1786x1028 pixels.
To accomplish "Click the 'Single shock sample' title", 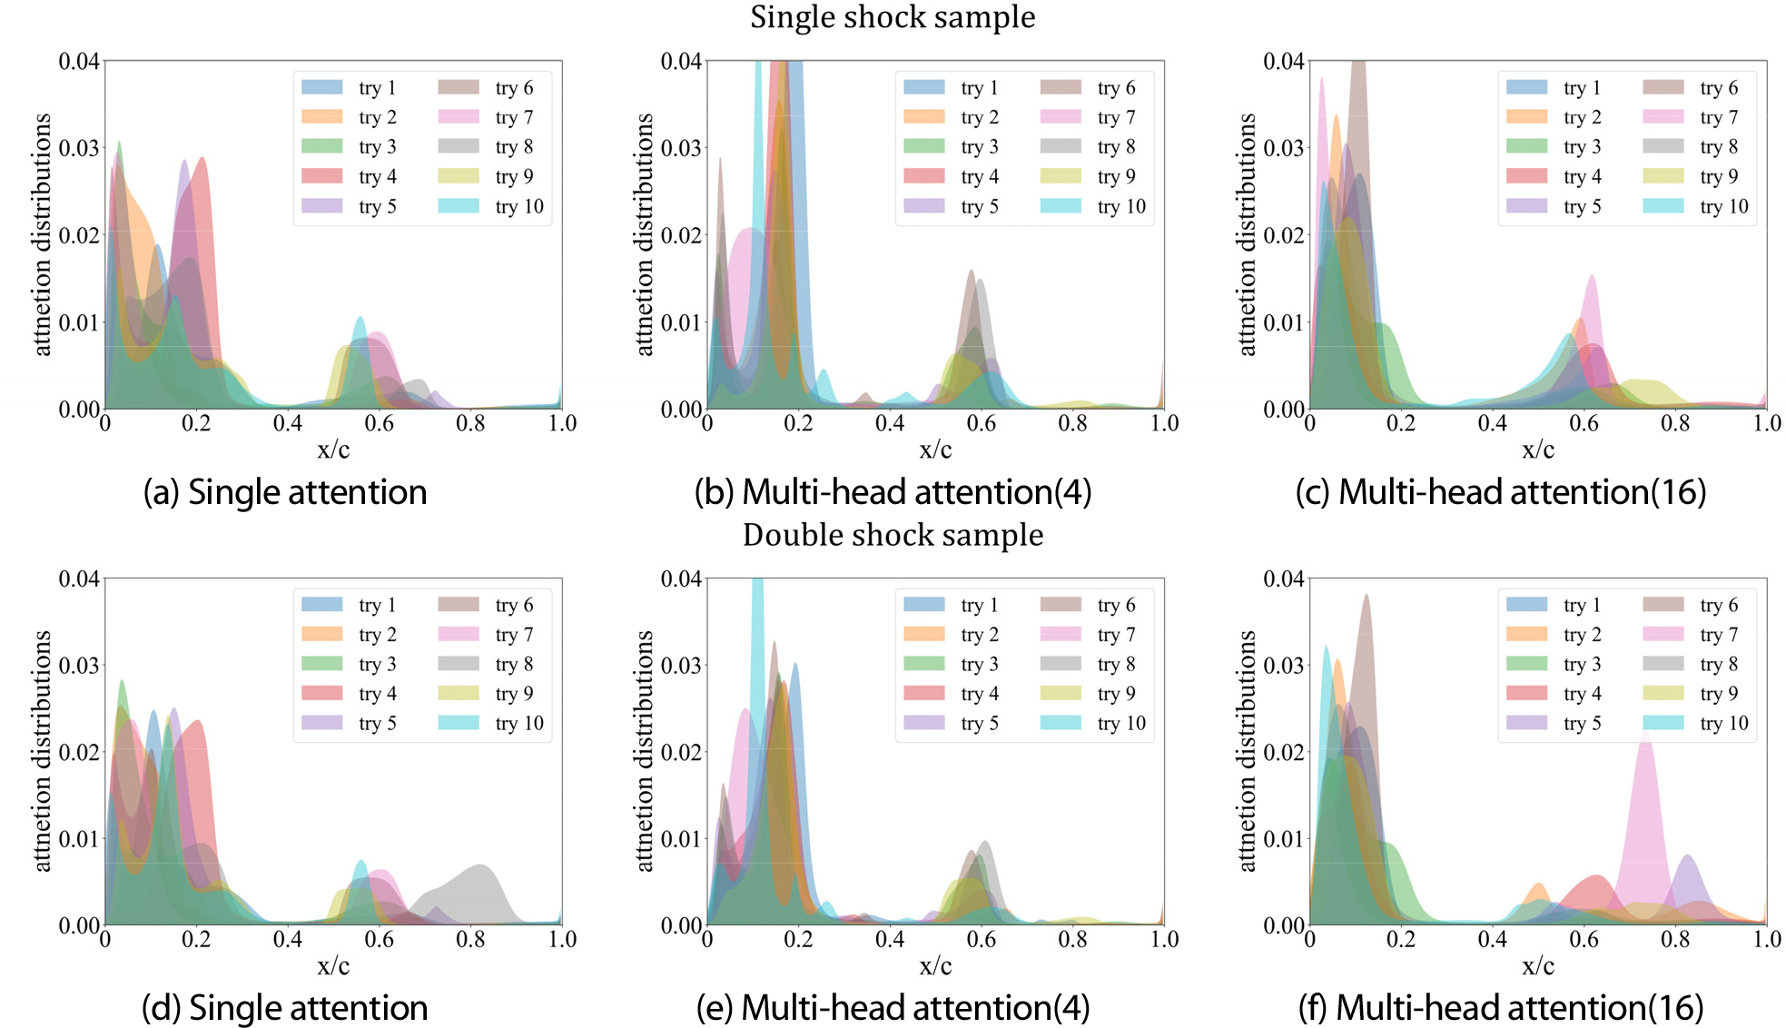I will click(892, 17).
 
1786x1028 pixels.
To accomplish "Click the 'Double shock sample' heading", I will click(892, 535).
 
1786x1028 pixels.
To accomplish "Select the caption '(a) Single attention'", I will click(284, 492).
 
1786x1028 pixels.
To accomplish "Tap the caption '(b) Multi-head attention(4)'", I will click(892, 492).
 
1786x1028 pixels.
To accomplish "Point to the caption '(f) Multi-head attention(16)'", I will click(1500, 1008).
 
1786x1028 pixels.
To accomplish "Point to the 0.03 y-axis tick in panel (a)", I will click(79, 148).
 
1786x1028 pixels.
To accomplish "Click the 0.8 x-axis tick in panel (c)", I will click(1675, 423).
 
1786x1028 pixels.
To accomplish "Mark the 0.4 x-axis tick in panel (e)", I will click(890, 940).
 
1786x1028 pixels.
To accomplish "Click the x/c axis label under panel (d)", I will click(333, 965).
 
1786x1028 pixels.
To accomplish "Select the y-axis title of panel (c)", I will click(1247, 234).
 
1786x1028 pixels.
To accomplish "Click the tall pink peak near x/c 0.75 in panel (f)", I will click(1645, 799).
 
